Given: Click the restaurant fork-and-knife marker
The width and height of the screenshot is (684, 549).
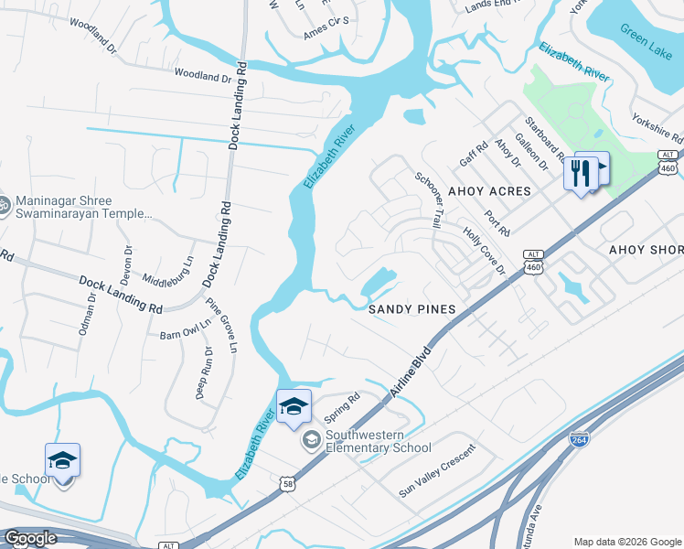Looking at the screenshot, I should pos(581,171).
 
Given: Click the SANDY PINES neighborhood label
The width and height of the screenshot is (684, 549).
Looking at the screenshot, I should pos(411,309).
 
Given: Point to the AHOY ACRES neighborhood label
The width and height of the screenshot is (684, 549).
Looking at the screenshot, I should pos(489,191).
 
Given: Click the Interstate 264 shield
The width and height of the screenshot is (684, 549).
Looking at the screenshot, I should pos(579,440).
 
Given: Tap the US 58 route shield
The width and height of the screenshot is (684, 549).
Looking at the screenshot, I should pos(289,483).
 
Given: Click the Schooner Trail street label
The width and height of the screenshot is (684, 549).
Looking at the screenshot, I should pos(429,200).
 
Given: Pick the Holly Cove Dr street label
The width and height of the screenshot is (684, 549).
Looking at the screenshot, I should pos(484,252).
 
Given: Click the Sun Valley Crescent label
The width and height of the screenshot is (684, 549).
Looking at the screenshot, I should pos(437,477).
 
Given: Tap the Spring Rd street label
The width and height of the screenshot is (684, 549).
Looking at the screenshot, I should pos(343,403).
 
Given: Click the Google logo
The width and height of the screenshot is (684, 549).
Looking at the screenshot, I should pos(30,538).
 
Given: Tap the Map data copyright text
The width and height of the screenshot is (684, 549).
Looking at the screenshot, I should pos(626,542).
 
